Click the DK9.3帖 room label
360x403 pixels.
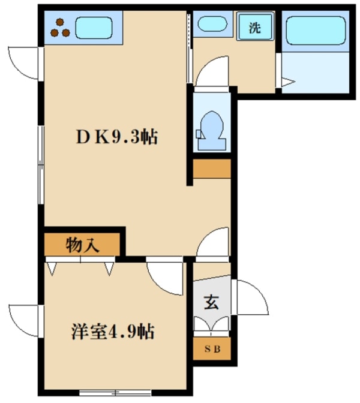tap(117, 138)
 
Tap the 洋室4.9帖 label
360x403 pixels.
tap(114, 331)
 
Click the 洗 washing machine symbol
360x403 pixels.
tap(254, 27)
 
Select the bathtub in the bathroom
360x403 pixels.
tap(315, 29)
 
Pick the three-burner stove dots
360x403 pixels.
tap(60, 28)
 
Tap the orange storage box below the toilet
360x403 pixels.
tap(211, 170)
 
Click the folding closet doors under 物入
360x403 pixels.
tap(82, 264)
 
